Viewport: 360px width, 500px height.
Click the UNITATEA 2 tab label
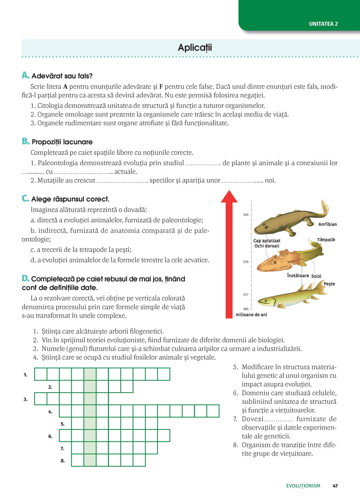[x=323, y=24]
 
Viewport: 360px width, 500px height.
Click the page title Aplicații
[x=195, y=47]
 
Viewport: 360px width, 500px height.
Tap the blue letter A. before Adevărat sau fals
[x=25, y=75]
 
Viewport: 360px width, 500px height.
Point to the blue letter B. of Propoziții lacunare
[x=25, y=141]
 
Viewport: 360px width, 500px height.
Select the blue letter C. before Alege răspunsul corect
[x=25, y=199]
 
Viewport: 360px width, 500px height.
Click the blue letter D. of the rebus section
[x=25, y=278]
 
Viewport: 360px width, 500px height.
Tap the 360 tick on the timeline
[x=246, y=215]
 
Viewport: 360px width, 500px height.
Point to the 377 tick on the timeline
[x=246, y=295]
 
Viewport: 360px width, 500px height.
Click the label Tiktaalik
[x=326, y=240]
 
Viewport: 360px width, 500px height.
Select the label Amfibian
[x=327, y=224]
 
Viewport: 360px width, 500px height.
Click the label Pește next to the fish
[x=329, y=284]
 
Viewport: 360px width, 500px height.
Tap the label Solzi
[x=316, y=276]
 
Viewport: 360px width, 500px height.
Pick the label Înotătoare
[x=298, y=276]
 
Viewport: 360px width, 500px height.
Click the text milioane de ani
[x=251, y=315]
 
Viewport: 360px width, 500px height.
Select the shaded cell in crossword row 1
[x=90, y=374]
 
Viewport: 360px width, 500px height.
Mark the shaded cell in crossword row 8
[x=90, y=460]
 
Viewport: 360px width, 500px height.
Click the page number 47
[x=335, y=486]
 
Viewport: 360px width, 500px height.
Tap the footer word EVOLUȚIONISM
[x=303, y=486]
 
